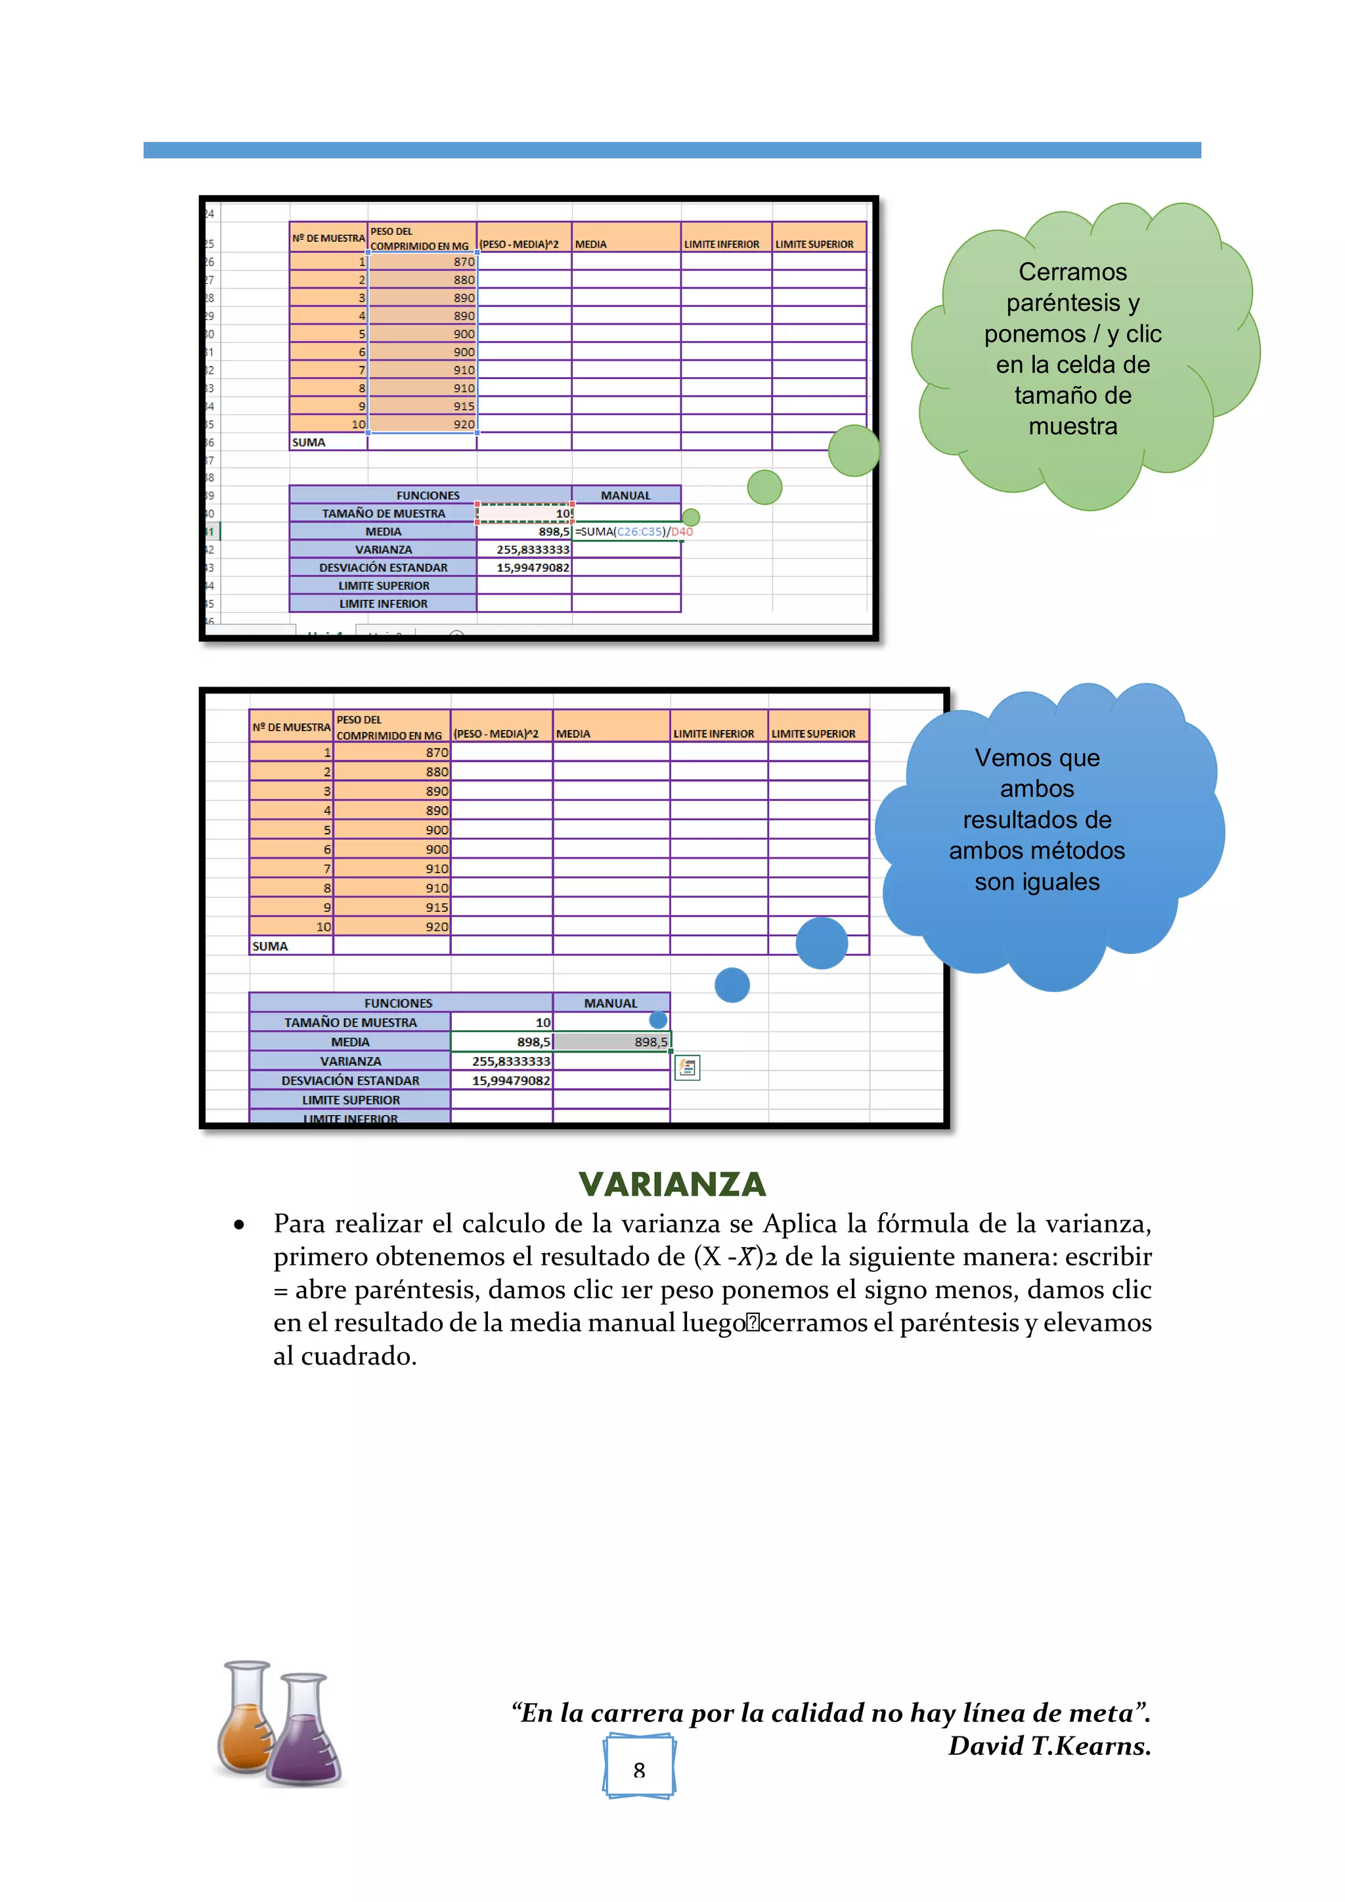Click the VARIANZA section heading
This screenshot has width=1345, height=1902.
coord(672,1184)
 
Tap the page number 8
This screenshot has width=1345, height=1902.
coord(638,1771)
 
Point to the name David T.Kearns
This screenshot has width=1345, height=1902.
coord(1049,1746)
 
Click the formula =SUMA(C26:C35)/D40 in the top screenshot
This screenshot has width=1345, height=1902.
coord(634,532)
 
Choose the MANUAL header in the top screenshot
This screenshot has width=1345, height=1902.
coord(625,495)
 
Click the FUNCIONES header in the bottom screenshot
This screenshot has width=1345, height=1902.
coord(399,1003)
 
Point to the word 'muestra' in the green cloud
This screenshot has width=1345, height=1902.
coord(1072,426)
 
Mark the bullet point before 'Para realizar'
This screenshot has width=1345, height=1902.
coord(239,1225)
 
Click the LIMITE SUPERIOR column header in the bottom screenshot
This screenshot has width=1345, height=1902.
coord(813,734)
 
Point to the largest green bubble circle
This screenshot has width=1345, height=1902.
coord(853,451)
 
